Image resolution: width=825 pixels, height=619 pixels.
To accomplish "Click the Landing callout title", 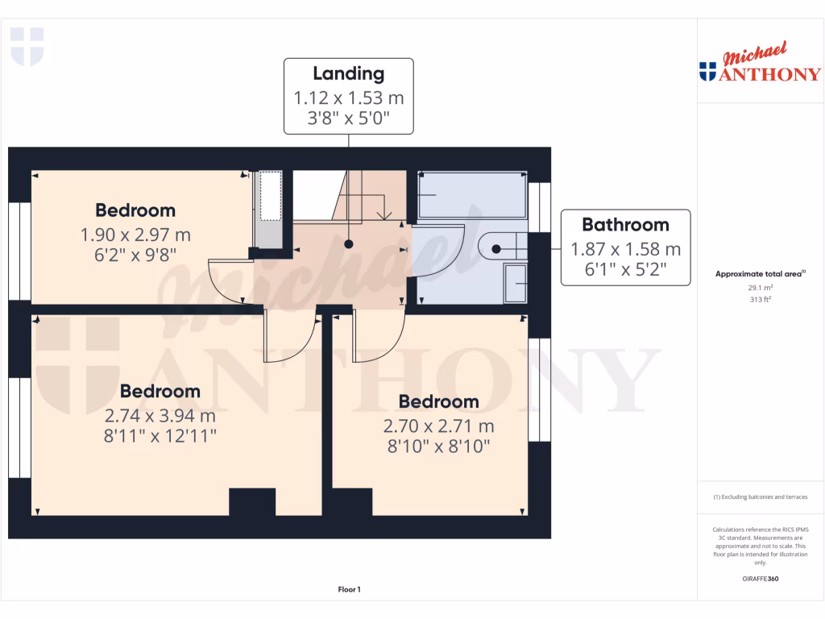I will [348, 74].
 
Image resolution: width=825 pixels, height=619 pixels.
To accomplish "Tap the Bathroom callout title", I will [625, 225].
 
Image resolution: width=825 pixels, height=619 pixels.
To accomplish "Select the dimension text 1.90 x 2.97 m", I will [135, 235].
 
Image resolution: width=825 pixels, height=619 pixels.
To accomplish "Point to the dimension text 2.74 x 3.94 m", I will [160, 417].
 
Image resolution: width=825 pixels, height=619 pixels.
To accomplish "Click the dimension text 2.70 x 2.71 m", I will [438, 426].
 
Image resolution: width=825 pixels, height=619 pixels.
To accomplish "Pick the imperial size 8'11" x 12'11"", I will [160, 436].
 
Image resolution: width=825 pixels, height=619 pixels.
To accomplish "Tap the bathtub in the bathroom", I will [471, 195].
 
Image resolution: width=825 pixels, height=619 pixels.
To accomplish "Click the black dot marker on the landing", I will [348, 243].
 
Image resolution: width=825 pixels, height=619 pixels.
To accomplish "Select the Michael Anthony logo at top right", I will [760, 64].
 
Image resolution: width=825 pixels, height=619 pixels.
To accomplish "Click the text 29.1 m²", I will [760, 287].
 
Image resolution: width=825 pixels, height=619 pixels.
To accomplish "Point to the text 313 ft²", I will [760, 299].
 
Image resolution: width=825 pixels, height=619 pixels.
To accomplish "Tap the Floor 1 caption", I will [349, 590].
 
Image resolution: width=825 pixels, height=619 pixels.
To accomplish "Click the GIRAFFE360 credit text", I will [760, 579].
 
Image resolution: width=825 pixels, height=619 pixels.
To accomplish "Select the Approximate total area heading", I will [760, 274].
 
